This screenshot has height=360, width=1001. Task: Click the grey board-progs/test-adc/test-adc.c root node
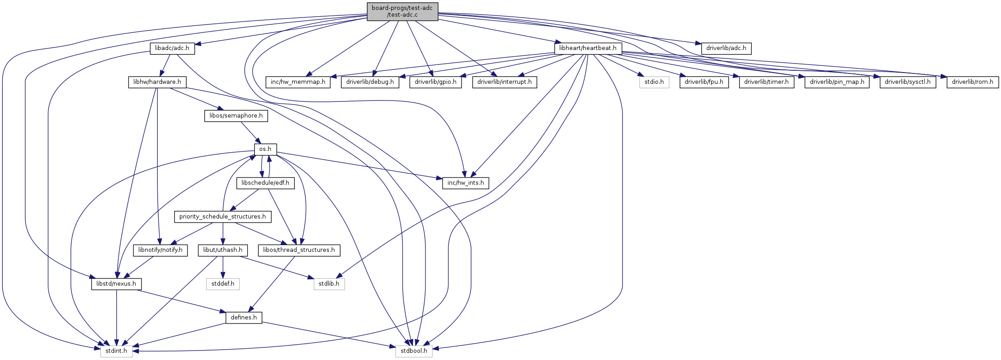tap(402, 11)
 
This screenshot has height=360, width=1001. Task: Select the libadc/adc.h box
tap(172, 48)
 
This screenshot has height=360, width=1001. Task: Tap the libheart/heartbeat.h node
tap(588, 48)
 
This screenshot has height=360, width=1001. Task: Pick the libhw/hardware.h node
tap(157, 82)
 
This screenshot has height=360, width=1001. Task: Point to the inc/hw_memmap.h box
tap(298, 82)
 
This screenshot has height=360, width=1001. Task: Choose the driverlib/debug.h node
tap(370, 82)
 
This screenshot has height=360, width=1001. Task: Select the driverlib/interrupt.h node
tap(504, 82)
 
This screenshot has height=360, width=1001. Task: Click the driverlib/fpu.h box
tap(704, 82)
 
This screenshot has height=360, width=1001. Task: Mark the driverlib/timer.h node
tap(767, 82)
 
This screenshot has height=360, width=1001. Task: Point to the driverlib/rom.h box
tap(973, 82)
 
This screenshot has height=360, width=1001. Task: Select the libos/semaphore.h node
tap(236, 116)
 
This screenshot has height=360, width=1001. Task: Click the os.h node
tap(265, 149)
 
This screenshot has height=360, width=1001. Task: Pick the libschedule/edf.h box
tap(265, 183)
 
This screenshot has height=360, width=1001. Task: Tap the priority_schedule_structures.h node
tap(223, 217)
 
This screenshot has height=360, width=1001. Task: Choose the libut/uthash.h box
tap(223, 250)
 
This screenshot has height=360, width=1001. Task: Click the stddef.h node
tap(223, 284)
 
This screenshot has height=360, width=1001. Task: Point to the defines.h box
tap(244, 318)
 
